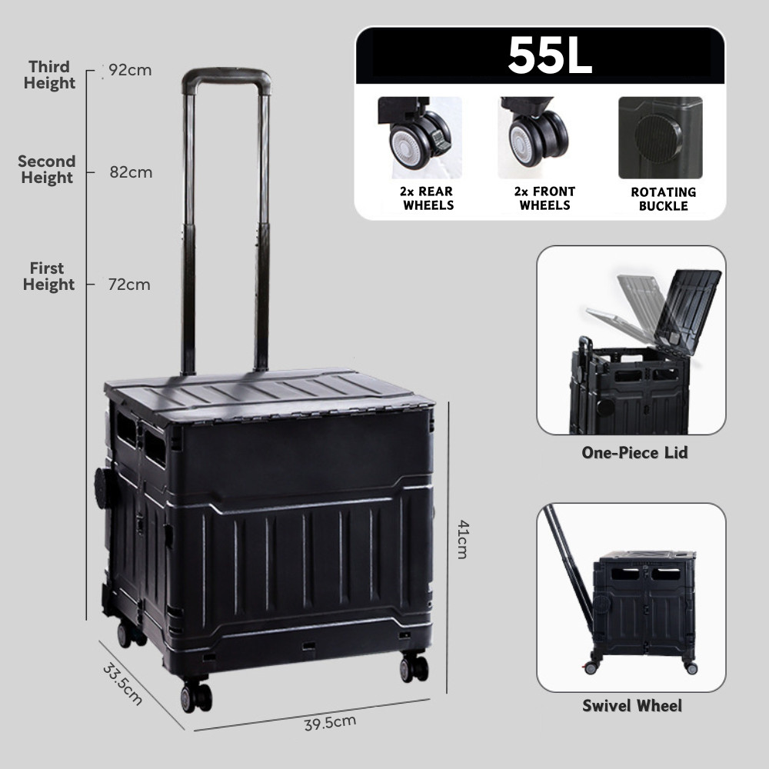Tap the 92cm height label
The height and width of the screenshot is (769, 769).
click(130, 70)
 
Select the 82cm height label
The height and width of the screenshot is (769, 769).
click(131, 172)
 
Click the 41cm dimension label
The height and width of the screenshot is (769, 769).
click(462, 538)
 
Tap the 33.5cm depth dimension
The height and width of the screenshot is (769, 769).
click(123, 684)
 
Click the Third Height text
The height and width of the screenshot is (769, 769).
click(49, 75)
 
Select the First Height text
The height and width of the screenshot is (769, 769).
click(48, 276)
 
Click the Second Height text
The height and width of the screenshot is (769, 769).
click(47, 169)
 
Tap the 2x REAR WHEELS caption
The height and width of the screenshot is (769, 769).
click(427, 198)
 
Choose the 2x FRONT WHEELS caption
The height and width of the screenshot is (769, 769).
click(544, 198)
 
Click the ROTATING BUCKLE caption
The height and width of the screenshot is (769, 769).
click(663, 199)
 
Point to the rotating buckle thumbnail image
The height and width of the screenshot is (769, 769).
click(660, 138)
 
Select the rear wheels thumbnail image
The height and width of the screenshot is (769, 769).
click(419, 137)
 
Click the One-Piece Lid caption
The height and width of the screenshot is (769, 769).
click(634, 453)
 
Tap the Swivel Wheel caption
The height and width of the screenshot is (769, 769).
click(631, 706)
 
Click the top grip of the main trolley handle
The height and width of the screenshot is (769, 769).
click(226, 77)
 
